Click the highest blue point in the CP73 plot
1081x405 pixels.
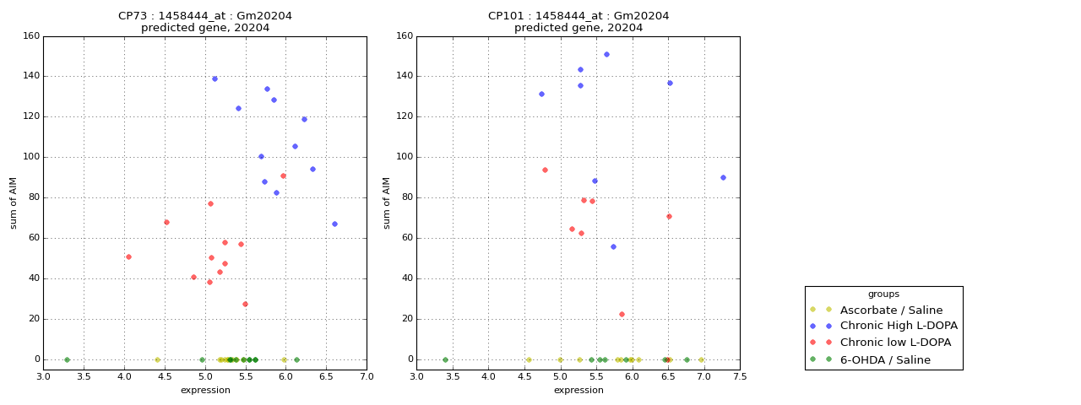pos(215,78)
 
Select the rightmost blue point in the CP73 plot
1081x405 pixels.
pos(334,224)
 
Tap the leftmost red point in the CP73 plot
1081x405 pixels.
pos(128,256)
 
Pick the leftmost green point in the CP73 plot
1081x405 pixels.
pos(67,359)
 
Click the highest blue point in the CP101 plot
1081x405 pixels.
pos(606,54)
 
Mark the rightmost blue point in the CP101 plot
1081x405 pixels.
pos(723,177)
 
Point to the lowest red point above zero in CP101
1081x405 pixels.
pos(622,314)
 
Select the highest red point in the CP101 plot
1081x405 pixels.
pos(545,170)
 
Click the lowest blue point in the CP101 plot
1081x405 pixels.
pos(613,246)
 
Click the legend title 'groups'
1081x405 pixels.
pos(883,294)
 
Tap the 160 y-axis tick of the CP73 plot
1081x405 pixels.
pos(30,36)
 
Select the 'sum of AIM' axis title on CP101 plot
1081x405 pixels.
pos(388,202)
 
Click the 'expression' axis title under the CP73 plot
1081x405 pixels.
pos(205,390)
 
